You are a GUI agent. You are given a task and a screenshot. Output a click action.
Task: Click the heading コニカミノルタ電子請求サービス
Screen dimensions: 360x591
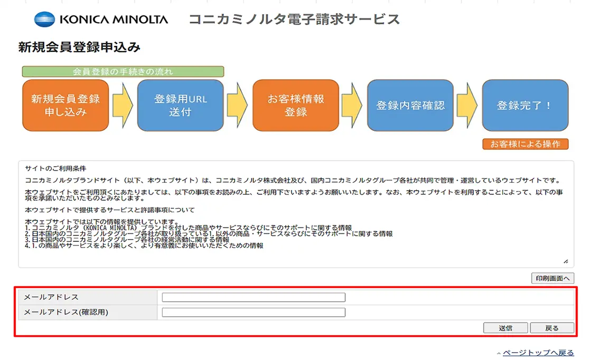(294, 20)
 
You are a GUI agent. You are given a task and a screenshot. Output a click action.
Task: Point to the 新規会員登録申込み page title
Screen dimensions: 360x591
(79, 48)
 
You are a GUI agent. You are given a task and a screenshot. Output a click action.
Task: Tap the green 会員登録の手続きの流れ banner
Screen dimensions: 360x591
(123, 71)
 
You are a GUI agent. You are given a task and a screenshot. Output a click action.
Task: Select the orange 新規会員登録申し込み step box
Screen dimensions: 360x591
(65, 105)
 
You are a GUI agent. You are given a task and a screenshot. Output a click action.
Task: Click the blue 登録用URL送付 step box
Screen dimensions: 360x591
(180, 105)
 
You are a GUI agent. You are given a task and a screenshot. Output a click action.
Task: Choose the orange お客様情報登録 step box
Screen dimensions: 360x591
(295, 105)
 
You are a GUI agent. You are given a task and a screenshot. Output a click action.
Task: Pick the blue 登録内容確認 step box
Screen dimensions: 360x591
(410, 105)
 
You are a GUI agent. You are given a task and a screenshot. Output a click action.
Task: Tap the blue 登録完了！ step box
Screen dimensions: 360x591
(525, 105)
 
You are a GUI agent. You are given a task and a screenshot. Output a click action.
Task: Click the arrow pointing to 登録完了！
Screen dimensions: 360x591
(467, 105)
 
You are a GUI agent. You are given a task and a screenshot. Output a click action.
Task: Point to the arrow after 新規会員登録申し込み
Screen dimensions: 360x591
(123, 105)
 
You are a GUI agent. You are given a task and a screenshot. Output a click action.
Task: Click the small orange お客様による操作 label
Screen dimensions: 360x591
(525, 144)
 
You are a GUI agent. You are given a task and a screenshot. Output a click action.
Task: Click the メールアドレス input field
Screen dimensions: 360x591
(254, 297)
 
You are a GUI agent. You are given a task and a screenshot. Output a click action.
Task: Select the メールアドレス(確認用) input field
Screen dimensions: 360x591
(254, 312)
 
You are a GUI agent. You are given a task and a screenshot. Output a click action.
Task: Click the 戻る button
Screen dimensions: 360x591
(552, 328)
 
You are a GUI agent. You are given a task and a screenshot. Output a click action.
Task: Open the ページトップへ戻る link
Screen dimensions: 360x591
(538, 353)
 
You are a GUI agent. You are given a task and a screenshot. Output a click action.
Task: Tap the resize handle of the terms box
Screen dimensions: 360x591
(566, 261)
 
